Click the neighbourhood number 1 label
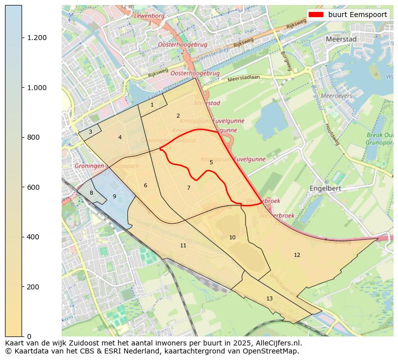coord(152,105)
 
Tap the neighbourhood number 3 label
coord(90,132)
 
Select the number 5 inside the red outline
coord(211,162)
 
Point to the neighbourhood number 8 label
coord(91,193)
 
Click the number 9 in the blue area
coord(114,196)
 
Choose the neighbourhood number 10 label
coord(232,237)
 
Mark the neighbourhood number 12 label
coord(297,255)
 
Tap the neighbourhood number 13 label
coord(269,298)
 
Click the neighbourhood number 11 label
coord(183,245)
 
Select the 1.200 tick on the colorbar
coord(36,38)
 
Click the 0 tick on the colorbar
coord(28,336)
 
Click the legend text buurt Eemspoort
coord(357,15)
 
